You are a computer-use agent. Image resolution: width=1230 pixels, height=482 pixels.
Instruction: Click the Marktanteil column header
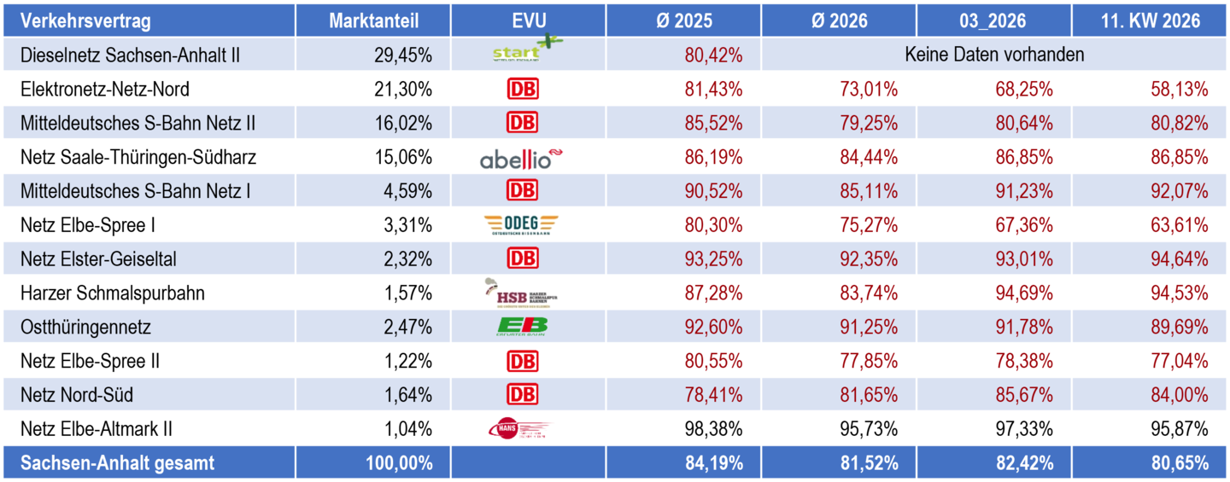pyautogui.click(x=374, y=21)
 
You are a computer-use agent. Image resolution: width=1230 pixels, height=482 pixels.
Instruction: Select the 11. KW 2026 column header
pyautogui.click(x=1150, y=21)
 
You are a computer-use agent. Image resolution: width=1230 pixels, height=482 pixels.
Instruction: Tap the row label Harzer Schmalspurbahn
pyautogui.click(x=113, y=293)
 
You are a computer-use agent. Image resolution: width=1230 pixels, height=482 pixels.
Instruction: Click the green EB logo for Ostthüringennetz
pyautogui.click(x=522, y=327)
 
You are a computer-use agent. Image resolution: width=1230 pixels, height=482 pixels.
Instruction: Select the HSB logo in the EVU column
pyautogui.click(x=520, y=293)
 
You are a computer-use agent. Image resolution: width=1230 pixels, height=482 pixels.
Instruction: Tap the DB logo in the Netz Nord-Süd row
pyautogui.click(x=523, y=395)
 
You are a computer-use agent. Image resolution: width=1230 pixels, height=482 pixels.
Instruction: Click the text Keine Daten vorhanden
pyautogui.click(x=994, y=55)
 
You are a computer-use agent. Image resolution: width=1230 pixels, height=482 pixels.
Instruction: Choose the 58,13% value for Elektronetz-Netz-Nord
pyautogui.click(x=1180, y=90)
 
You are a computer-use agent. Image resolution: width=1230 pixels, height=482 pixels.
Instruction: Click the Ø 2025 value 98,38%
pyautogui.click(x=713, y=429)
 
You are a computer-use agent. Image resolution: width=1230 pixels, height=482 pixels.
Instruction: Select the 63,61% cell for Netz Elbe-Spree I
pyautogui.click(x=1180, y=226)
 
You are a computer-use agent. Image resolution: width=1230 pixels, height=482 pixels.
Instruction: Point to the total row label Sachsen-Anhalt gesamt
pyautogui.click(x=118, y=463)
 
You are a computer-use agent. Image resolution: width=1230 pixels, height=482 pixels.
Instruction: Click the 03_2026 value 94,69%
pyautogui.click(x=1024, y=293)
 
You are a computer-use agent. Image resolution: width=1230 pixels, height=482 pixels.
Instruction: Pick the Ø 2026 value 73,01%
pyautogui.click(x=869, y=90)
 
